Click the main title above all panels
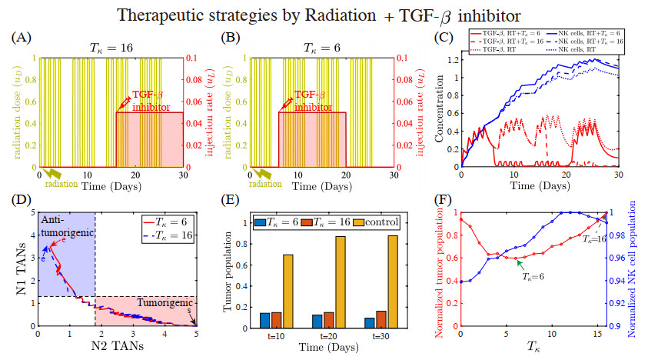click(x=324, y=13)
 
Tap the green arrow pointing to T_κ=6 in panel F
click(x=520, y=265)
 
